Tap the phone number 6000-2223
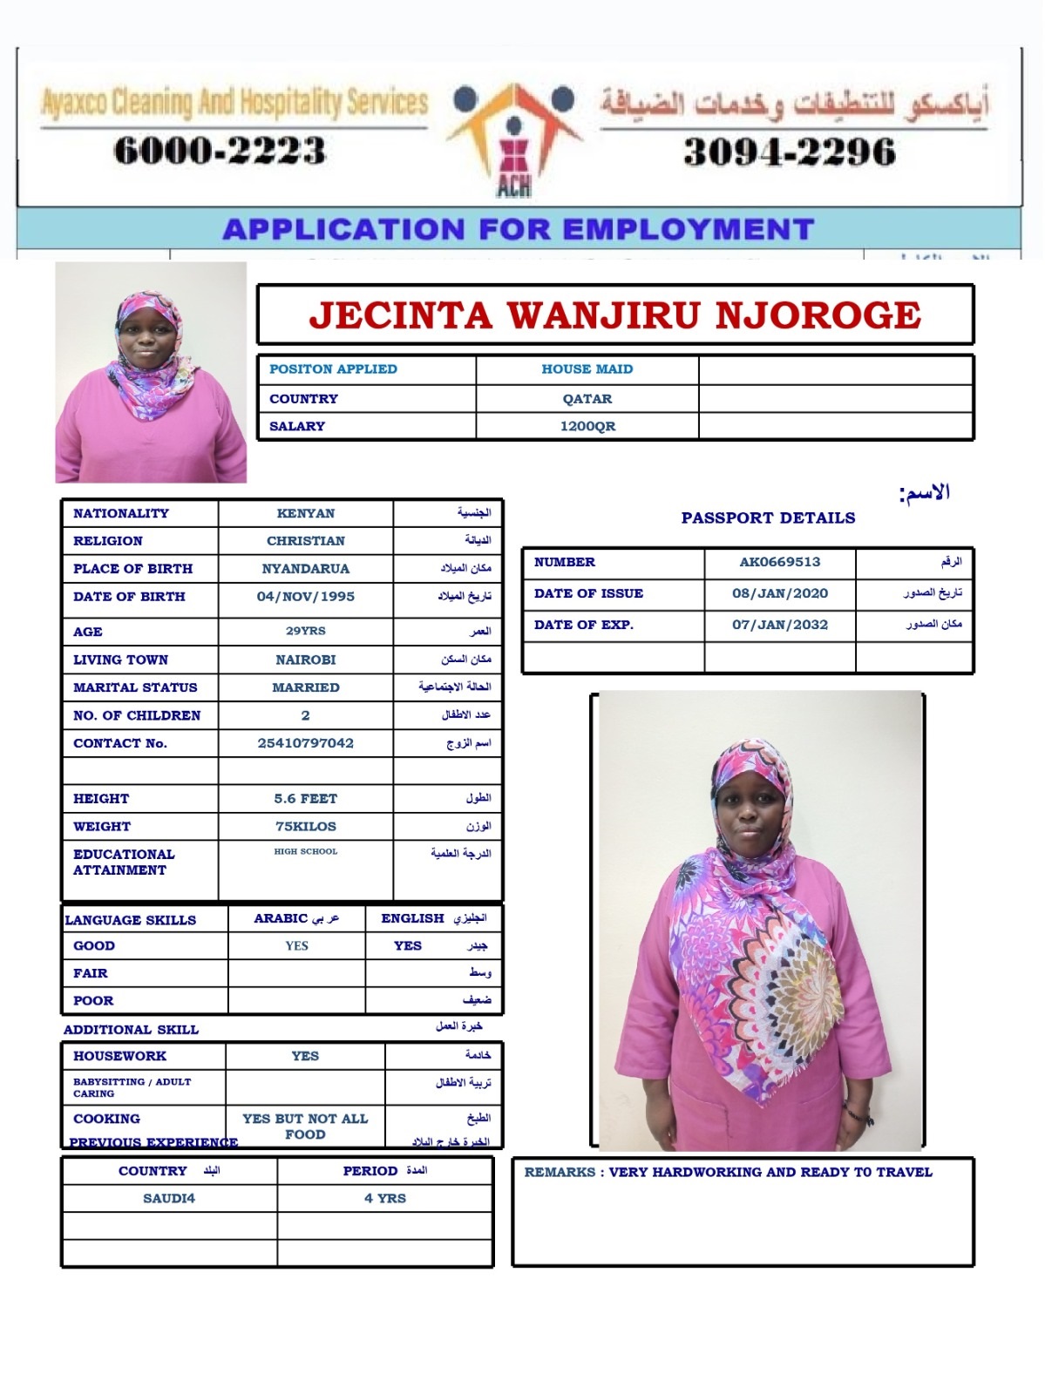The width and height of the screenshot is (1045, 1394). pyautogui.click(x=220, y=151)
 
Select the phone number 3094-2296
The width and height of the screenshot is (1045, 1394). pyautogui.click(x=790, y=152)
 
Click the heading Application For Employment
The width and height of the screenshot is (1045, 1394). pyautogui.click(x=519, y=229)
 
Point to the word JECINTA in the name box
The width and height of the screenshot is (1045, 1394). pyautogui.click(x=401, y=315)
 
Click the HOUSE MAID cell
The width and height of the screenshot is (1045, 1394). pyautogui.click(x=587, y=369)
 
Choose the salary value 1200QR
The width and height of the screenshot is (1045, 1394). pyautogui.click(x=587, y=426)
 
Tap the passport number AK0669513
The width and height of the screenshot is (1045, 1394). pyautogui.click(x=779, y=562)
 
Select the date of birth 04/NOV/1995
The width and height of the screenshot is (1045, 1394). pyautogui.click(x=305, y=597)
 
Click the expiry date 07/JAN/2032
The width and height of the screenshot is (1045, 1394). pyautogui.click(x=779, y=625)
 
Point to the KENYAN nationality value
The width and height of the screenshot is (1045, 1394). pyautogui.click(x=305, y=513)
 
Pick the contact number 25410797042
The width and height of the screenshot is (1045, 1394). pyautogui.click(x=305, y=743)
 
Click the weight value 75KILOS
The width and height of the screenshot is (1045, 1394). pyautogui.click(x=305, y=826)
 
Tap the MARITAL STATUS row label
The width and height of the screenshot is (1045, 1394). pyautogui.click(x=135, y=687)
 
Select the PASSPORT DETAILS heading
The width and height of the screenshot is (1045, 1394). pyautogui.click(x=768, y=518)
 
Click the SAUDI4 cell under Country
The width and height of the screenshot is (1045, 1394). pyautogui.click(x=169, y=1198)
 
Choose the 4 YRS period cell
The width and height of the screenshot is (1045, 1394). pyautogui.click(x=384, y=1198)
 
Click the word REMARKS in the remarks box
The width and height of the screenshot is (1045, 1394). pyautogui.click(x=560, y=1172)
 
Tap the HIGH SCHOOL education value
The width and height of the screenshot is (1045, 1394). pyautogui.click(x=305, y=851)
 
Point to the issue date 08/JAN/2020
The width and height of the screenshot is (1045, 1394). pyautogui.click(x=779, y=593)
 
